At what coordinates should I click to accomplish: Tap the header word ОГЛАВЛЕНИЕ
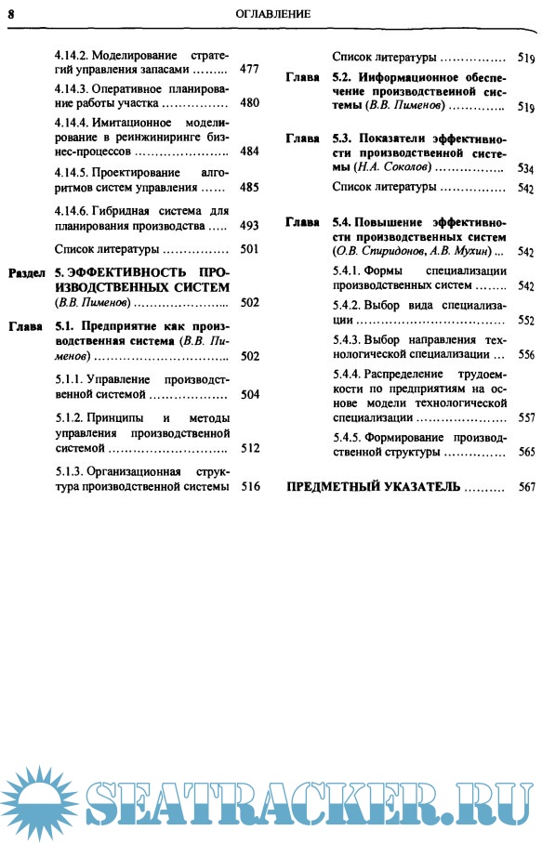tap(272, 14)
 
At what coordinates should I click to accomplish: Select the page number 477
tap(248, 69)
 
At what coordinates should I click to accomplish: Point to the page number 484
tap(248, 151)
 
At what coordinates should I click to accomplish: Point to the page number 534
tap(526, 169)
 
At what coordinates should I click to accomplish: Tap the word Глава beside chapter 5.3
tap(303, 139)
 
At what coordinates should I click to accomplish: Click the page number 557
tap(526, 417)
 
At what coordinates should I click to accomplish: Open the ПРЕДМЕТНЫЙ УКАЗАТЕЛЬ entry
tap(373, 487)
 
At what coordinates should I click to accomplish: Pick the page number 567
tap(526, 487)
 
